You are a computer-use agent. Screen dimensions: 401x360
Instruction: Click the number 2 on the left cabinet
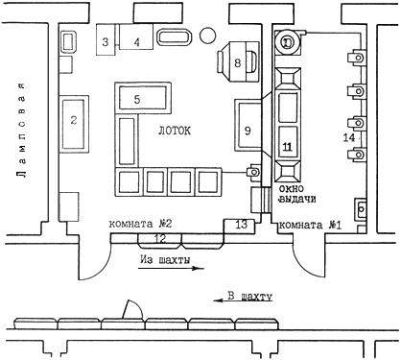click(x=74, y=120)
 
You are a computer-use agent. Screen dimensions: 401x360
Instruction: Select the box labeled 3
click(x=106, y=39)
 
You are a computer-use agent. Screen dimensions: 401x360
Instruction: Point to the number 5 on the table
click(x=137, y=99)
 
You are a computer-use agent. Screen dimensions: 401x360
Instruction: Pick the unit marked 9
click(x=248, y=125)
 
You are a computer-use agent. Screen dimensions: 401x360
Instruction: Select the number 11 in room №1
click(x=288, y=147)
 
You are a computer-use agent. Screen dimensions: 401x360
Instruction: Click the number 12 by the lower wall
click(x=161, y=238)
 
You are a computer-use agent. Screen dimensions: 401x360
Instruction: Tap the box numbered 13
click(x=240, y=226)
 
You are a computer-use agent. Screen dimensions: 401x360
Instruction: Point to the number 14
click(x=349, y=137)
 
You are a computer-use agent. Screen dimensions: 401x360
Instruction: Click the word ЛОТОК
click(x=175, y=131)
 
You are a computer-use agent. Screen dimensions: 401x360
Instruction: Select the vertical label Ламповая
click(x=22, y=130)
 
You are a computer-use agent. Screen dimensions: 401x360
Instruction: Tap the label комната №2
click(x=140, y=224)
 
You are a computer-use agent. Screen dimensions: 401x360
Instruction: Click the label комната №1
click(x=310, y=226)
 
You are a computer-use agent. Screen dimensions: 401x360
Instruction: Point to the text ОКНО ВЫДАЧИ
click(x=297, y=194)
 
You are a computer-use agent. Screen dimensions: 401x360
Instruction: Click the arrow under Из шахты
click(x=171, y=268)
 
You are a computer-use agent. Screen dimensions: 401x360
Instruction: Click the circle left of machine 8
click(x=207, y=35)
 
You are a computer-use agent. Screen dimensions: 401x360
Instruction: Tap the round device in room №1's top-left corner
click(x=288, y=42)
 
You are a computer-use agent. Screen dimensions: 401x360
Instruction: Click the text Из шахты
click(x=165, y=260)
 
